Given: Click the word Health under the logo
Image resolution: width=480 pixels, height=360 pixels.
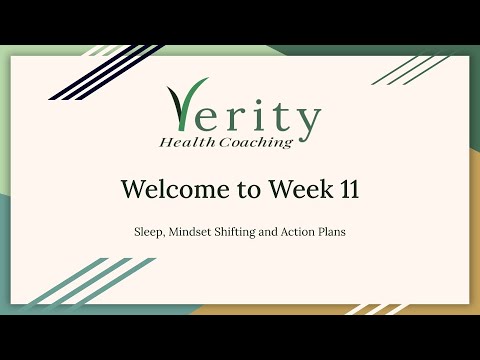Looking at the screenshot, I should (x=185, y=142).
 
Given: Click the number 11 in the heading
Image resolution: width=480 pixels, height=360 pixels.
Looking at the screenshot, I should (x=346, y=189).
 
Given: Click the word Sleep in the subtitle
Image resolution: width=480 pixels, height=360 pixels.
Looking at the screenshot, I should (x=149, y=230).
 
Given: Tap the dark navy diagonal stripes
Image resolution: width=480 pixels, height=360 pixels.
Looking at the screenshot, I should (x=90, y=72).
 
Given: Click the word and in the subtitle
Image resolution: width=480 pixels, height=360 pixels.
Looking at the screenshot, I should (x=284, y=230).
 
